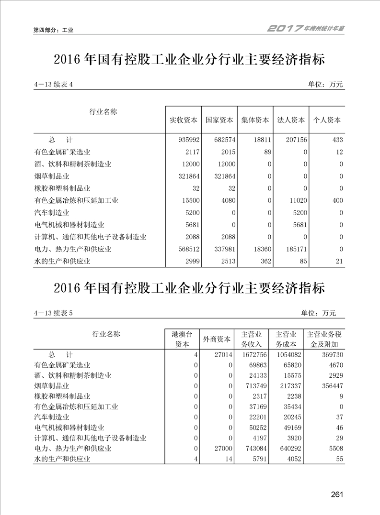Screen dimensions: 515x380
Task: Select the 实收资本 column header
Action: pos(184,120)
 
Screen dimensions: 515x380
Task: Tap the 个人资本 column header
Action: pos(327,120)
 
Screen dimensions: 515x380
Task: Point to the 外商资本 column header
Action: pos(217,339)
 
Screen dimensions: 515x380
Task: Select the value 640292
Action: pos(286,449)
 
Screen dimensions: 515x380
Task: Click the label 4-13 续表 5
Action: pos(53,313)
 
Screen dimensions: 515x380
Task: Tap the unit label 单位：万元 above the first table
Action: pos(325,85)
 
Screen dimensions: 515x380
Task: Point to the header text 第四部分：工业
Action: pos(53,30)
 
